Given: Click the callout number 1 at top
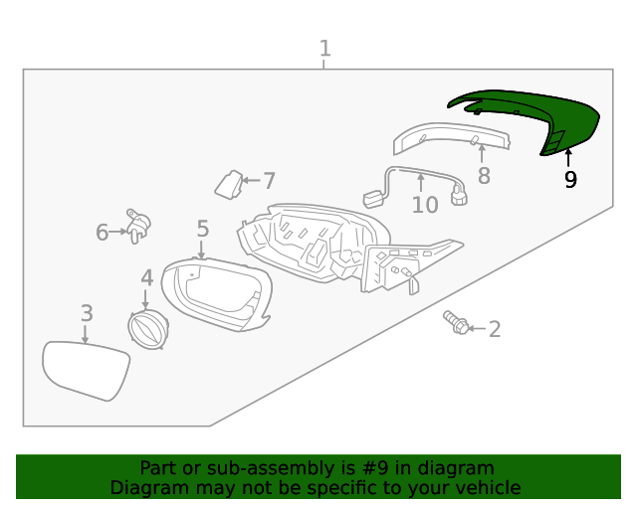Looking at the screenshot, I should (x=324, y=48).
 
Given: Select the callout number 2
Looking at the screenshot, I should (x=495, y=329).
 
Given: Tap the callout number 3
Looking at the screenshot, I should (x=87, y=313).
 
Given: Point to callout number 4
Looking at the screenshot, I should (x=146, y=278).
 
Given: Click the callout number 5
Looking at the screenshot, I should (x=202, y=230).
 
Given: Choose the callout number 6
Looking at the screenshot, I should (x=103, y=233).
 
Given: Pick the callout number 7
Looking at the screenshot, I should (x=269, y=181).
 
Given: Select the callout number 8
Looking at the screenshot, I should (x=484, y=177).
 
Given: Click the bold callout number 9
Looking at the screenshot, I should (x=570, y=180).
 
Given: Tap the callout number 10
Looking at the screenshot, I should (x=425, y=205).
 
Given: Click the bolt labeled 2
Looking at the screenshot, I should (x=457, y=322).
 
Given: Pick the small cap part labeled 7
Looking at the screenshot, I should (x=228, y=184).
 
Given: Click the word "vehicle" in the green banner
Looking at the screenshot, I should (x=487, y=487).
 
